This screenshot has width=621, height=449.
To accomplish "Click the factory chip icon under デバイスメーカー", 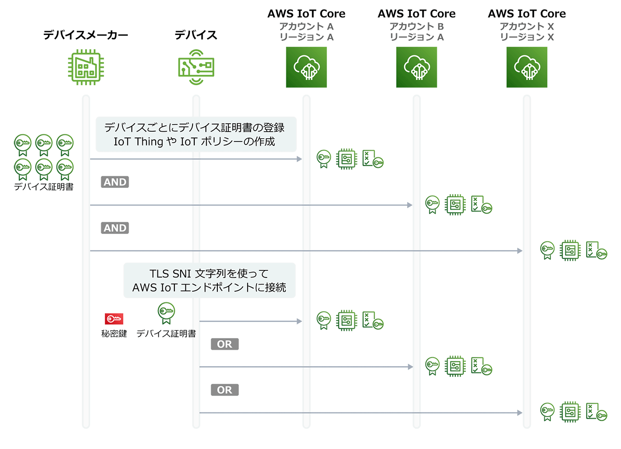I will coord(86,67).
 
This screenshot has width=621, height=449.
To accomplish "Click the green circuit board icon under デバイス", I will coord(196,67).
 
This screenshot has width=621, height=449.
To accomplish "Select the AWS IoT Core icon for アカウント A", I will coord(306,67).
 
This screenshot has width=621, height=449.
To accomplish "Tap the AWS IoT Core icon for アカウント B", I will coord(417,67).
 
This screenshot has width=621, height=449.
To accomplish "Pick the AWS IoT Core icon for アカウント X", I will coord(527,67).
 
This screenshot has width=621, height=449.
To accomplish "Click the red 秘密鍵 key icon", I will coord(114,319).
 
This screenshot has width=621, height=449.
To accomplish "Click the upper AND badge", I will coord(115,182).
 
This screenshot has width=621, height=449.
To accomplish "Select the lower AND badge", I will coord(115,228).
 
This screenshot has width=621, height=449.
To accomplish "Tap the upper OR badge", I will coord(224,344).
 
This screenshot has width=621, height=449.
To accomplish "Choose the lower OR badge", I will coord(224,390).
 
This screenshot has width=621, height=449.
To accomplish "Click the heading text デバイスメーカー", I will coord(86,35).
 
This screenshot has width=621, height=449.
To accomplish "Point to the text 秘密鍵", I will coord(114,334).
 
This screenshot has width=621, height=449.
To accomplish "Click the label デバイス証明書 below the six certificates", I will coord(43,187).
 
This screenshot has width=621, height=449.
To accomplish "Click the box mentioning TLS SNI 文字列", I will coord(209,280).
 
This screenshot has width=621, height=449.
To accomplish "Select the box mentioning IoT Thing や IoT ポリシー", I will coord(196,134).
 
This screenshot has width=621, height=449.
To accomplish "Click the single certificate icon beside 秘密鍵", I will coord(166,313).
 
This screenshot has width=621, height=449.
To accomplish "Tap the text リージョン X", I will coord(527,37).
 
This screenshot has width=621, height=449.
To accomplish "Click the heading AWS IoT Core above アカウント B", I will coord(417,14).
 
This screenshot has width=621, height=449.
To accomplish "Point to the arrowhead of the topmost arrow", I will coord(299,159).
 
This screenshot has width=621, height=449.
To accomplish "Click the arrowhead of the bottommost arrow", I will coord(520,413).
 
